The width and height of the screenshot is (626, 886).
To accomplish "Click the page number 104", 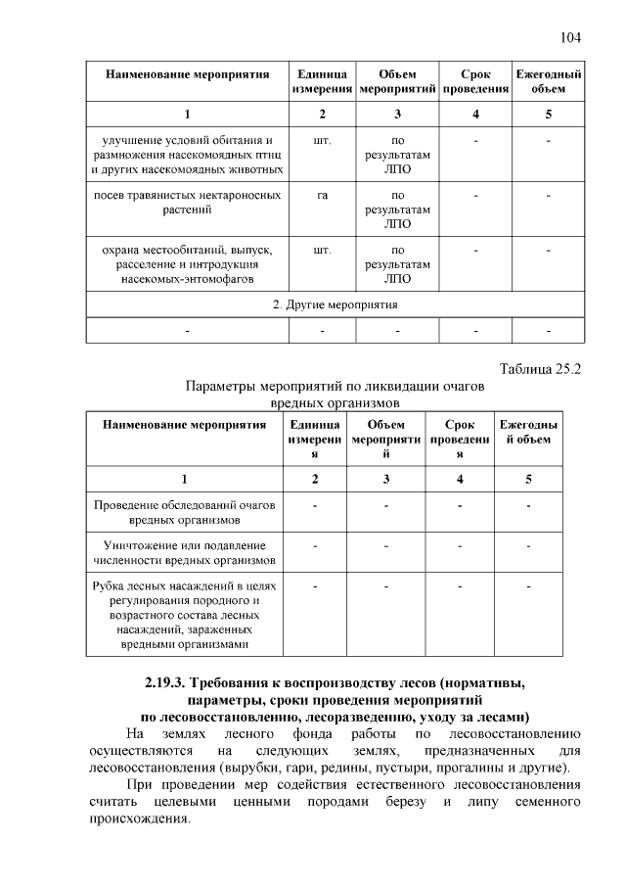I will pyautogui.click(x=570, y=37).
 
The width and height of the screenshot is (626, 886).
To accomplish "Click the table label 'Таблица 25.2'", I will pyautogui.click(x=540, y=369).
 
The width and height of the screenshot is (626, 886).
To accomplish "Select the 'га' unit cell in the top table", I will pyautogui.click(x=322, y=196).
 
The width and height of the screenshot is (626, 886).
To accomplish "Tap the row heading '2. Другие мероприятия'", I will pyautogui.click(x=335, y=304).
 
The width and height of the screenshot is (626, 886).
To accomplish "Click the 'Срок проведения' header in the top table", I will pyautogui.click(x=474, y=82).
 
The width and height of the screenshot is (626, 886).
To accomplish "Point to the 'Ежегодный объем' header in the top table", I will pyautogui.click(x=549, y=82).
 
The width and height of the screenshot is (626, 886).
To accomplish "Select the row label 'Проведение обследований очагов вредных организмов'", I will pyautogui.click(x=184, y=512).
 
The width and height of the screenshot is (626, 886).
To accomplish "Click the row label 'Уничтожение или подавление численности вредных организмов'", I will pyautogui.click(x=184, y=552).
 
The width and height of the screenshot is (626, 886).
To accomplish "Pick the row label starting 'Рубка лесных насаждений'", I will pyautogui.click(x=184, y=615).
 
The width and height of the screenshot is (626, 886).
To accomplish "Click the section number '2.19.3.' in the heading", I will pyautogui.click(x=160, y=682).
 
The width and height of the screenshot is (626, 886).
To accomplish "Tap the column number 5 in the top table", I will pyautogui.click(x=549, y=116).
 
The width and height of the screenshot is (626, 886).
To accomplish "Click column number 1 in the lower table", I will pyautogui.click(x=184, y=479).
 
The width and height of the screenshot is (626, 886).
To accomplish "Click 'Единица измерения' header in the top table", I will pyautogui.click(x=322, y=82).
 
